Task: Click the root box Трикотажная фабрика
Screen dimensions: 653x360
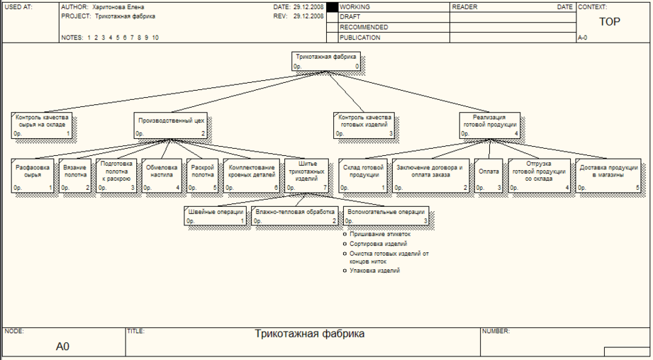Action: click(x=325, y=61)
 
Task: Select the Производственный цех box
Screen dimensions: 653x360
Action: click(x=170, y=125)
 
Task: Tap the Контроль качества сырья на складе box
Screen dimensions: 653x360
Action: click(x=41, y=125)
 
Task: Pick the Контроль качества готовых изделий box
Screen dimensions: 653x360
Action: click(x=364, y=125)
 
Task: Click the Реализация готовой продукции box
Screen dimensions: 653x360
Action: click(x=490, y=125)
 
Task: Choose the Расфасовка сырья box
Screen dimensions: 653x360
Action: click(x=33, y=176)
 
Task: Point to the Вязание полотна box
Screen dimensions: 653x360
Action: click(x=75, y=176)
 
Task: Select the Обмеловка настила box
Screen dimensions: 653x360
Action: click(x=162, y=176)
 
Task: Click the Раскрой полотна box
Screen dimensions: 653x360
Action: click(x=202, y=176)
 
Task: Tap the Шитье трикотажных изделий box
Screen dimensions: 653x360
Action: click(x=307, y=176)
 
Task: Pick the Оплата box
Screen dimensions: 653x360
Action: click(x=489, y=176)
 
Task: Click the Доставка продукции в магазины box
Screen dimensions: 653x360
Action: click(x=608, y=176)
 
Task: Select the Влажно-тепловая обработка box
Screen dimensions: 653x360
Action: click(x=295, y=216)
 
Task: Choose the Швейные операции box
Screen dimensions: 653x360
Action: click(x=215, y=216)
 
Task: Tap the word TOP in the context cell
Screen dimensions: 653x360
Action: click(x=610, y=22)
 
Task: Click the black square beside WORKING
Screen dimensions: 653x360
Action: click(x=332, y=7)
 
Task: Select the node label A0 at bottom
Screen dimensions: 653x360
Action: click(x=62, y=347)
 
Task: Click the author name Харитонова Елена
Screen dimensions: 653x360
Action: click(x=118, y=7)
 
